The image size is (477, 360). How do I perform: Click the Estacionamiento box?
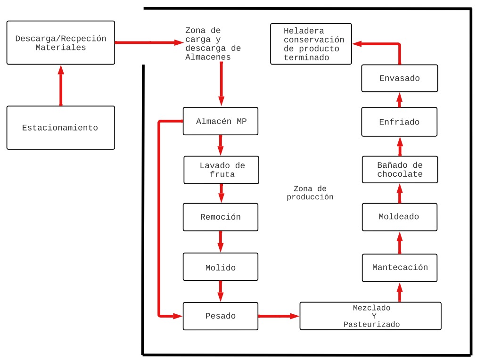coord(61,128)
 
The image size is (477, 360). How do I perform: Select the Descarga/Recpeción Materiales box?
coord(61,42)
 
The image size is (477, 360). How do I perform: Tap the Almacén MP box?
coord(221,121)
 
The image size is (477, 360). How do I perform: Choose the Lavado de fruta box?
coord(221,170)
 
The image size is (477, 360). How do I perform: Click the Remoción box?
coord(221,217)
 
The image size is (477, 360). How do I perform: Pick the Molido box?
coord(221,267)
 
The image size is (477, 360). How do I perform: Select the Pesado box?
coord(221,316)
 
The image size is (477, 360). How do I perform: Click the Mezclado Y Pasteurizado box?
coord(370,316)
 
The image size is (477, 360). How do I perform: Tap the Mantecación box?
coord(400,268)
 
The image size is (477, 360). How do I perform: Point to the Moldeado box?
coord(400,217)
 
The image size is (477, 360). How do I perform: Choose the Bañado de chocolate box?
coord(400,170)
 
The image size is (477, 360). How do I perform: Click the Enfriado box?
coord(399,122)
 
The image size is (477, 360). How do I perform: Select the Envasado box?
coord(399,78)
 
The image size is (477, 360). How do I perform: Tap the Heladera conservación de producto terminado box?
coord(311,44)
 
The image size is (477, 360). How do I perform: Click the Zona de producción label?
coord(310,193)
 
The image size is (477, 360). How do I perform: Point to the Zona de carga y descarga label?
coord(213,44)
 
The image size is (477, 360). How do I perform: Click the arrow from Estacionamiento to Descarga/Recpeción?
coord(61,85)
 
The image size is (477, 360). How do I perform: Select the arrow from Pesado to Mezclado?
coord(279,316)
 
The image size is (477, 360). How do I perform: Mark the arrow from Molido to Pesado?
coord(221,291)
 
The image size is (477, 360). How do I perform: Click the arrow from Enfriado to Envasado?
coord(399,100)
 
